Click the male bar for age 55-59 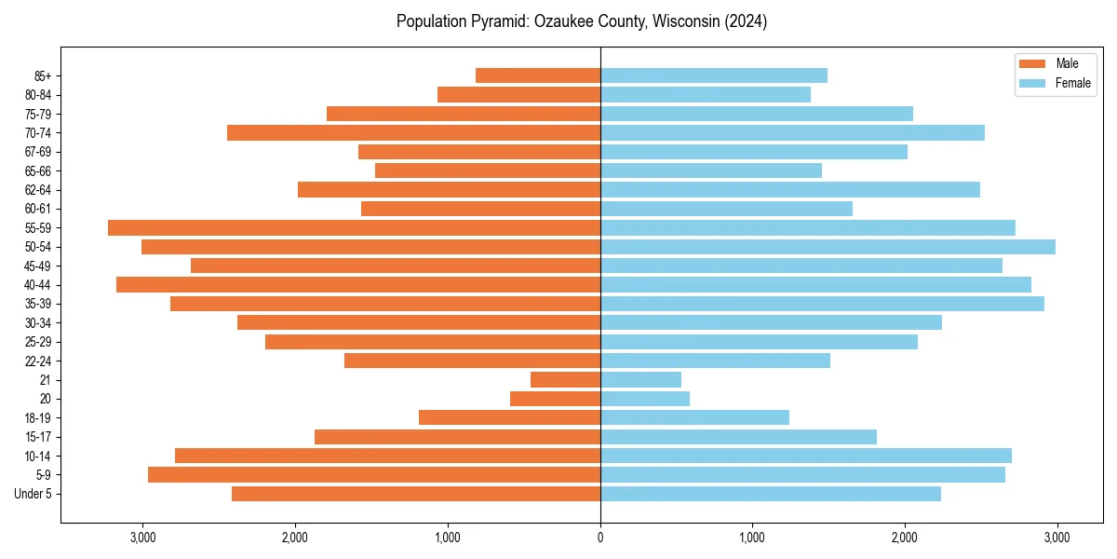354,227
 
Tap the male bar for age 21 565,380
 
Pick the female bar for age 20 645,399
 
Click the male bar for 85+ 538,75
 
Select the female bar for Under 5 771,494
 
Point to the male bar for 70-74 413,132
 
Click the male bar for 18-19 509,417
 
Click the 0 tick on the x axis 600,537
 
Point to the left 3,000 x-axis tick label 142,537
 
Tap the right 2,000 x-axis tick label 904,537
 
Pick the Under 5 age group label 33,494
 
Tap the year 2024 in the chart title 746,21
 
